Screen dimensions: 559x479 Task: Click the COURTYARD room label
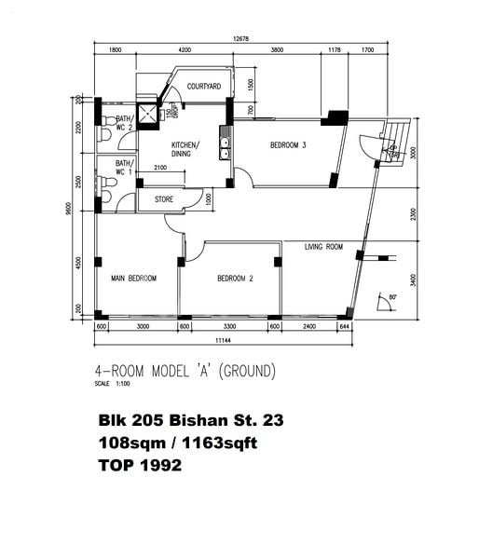pos(202,86)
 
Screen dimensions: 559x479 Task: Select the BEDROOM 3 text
pos(288,144)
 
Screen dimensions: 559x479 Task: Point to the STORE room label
pos(164,198)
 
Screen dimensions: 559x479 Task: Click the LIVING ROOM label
pos(323,247)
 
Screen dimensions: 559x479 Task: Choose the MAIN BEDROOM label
pos(133,279)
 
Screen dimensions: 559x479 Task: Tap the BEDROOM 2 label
pos(236,279)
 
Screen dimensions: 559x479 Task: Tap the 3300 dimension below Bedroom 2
pos(229,328)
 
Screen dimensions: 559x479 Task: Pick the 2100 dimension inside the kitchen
pos(160,168)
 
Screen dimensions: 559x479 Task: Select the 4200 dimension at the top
pos(185,49)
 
